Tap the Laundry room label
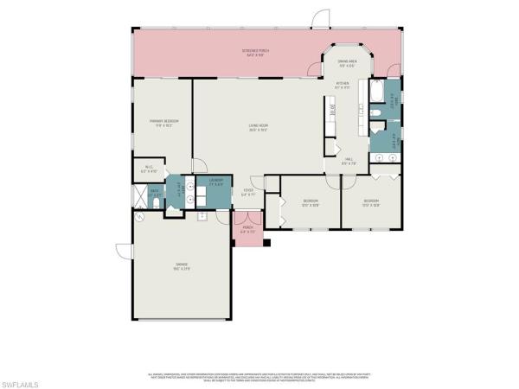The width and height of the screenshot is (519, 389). tap(215, 182)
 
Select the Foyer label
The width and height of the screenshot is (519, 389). tap(247, 193)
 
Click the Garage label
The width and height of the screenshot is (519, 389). tap(183, 267)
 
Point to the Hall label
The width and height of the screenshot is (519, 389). tap(349, 161)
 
